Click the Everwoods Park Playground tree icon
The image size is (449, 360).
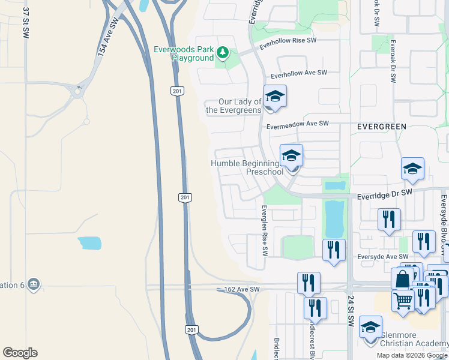point(223,53)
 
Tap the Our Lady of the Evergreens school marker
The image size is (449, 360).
point(274,97)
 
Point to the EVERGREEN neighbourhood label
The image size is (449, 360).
point(382,127)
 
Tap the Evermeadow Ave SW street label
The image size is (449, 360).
point(298,124)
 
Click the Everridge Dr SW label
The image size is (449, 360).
point(384,193)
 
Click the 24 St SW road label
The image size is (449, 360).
point(350,310)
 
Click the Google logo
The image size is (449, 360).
point(20,353)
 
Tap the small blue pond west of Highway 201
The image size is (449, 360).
point(89,243)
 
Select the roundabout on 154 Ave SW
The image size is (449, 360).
point(77,92)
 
